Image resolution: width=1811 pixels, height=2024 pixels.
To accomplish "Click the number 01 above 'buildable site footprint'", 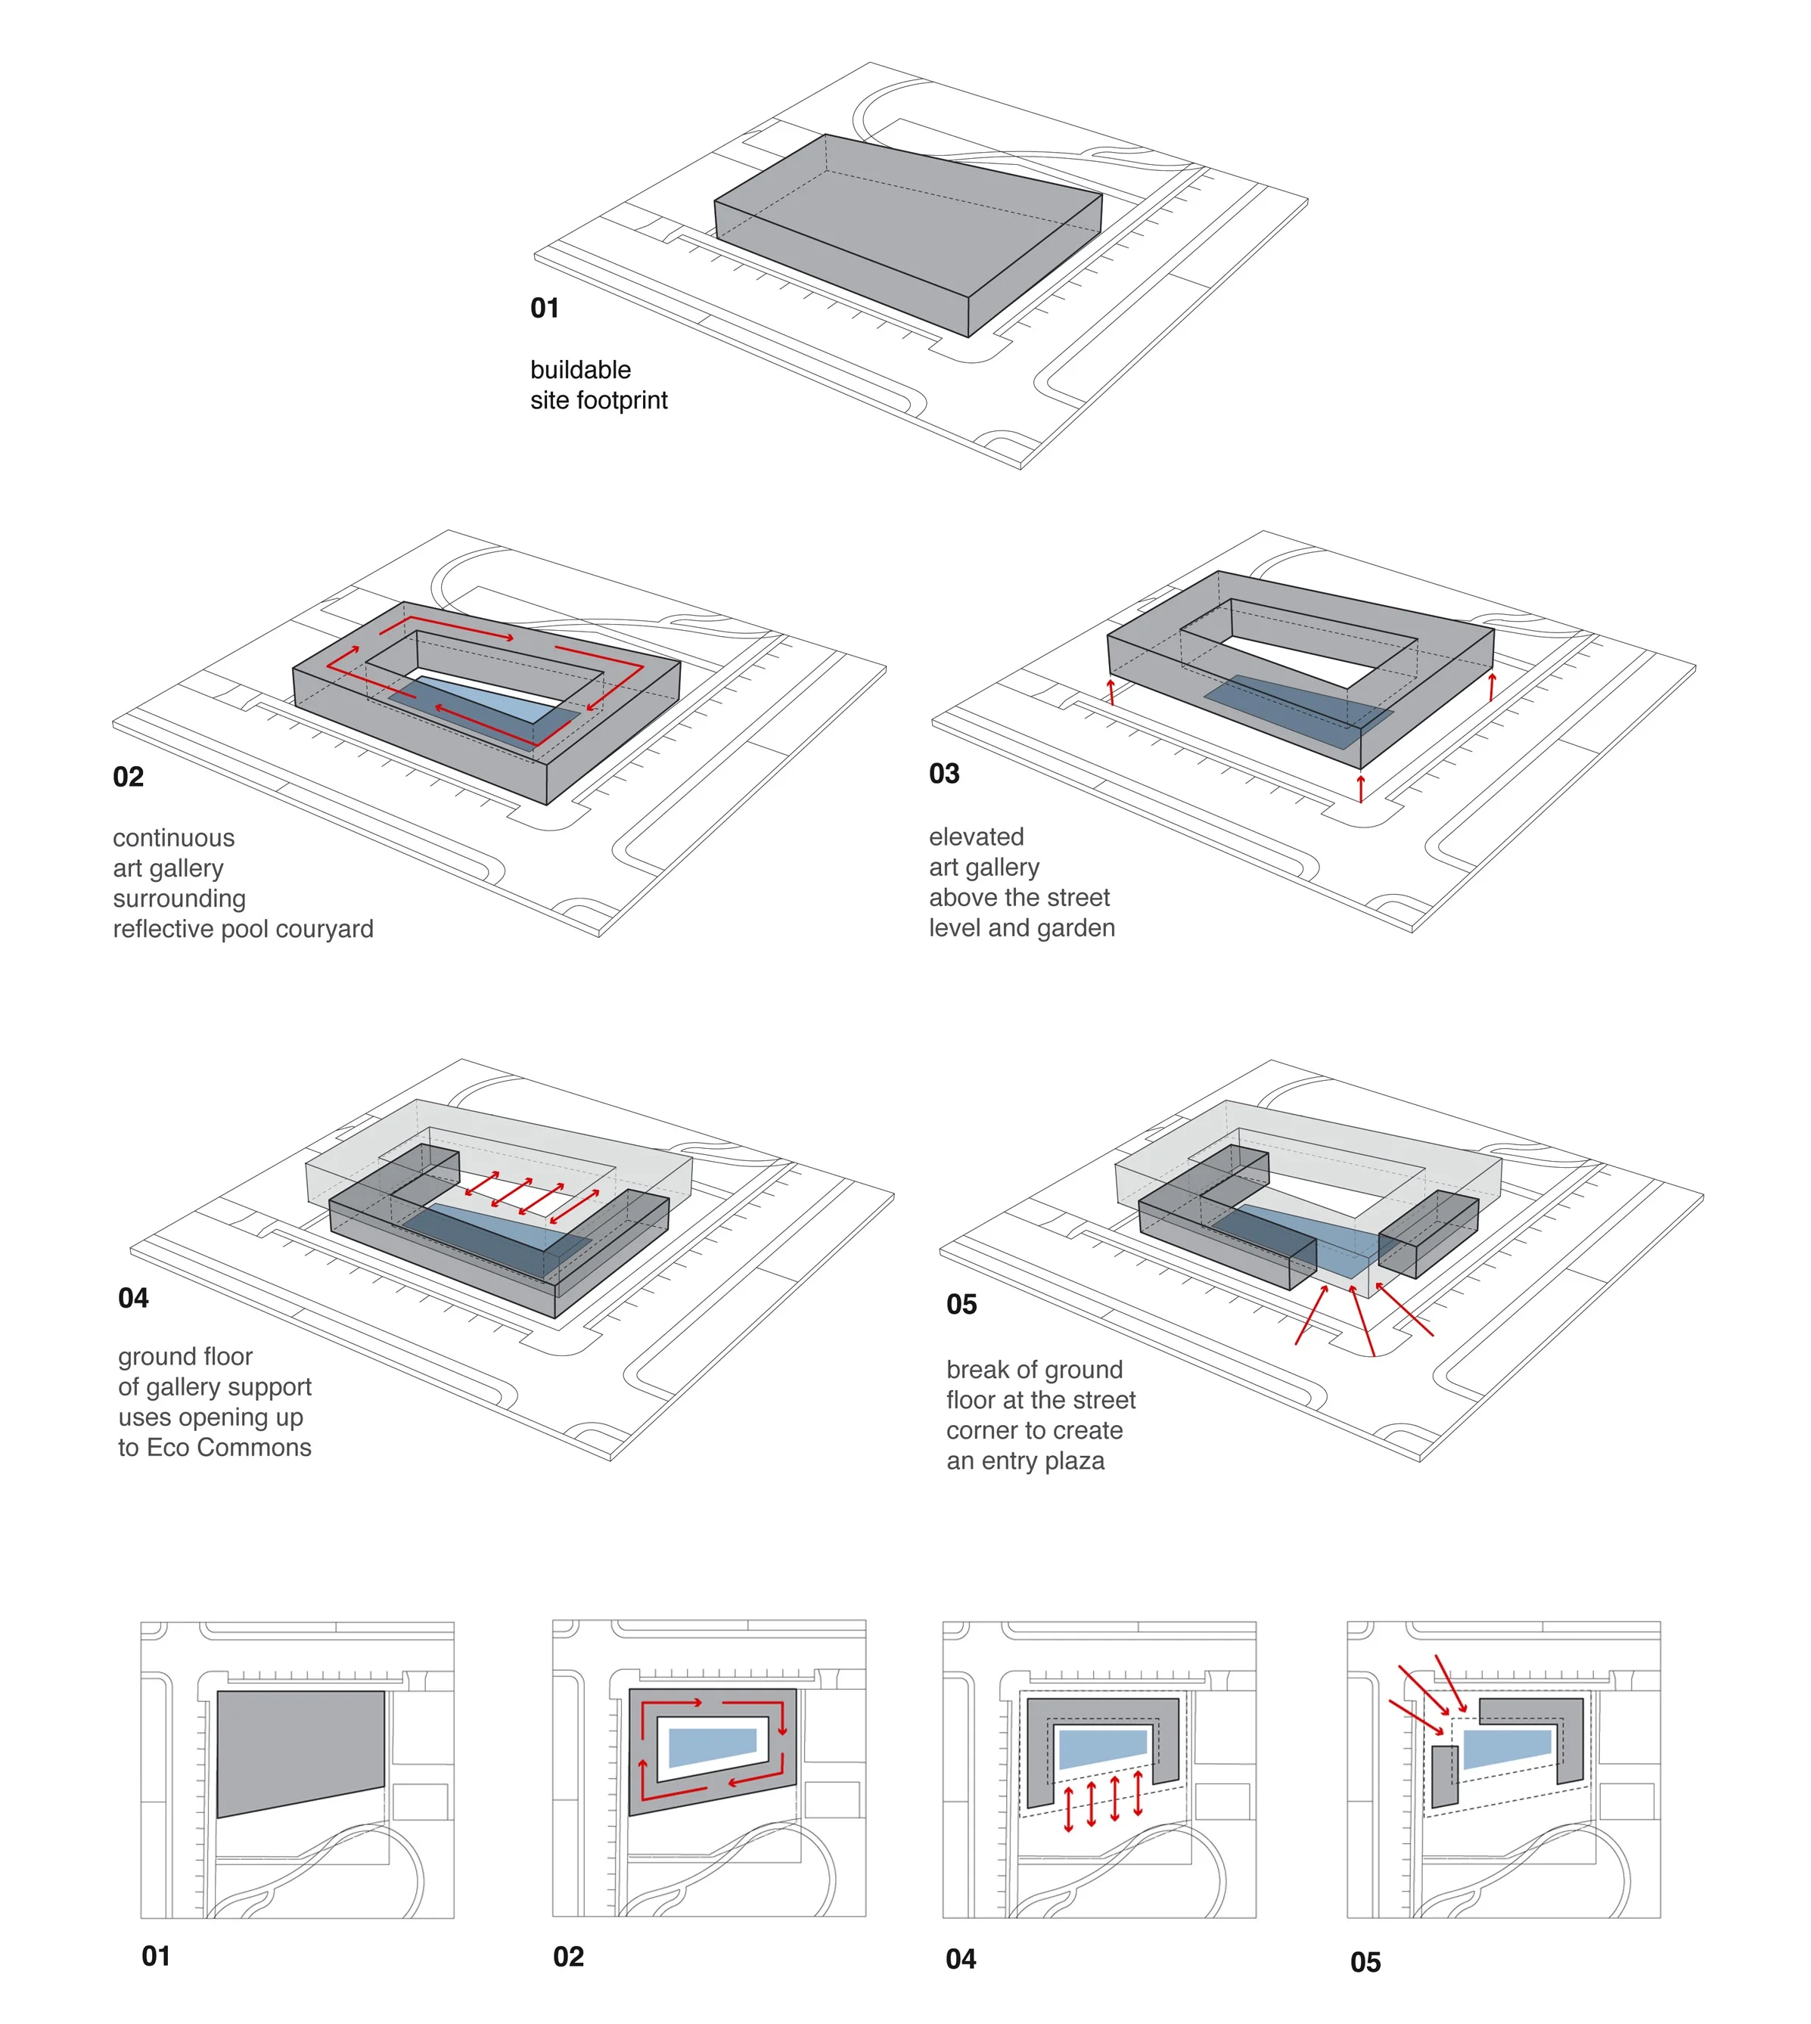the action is click(545, 309).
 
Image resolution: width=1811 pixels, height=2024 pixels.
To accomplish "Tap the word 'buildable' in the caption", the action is click(580, 370).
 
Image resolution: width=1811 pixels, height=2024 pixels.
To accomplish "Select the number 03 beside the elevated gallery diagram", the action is click(944, 775).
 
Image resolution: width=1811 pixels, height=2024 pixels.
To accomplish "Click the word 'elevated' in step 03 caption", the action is click(976, 837).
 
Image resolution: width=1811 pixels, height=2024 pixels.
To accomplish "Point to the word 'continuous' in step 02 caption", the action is click(174, 838).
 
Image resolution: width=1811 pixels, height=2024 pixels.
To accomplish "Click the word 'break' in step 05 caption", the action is click(977, 1371).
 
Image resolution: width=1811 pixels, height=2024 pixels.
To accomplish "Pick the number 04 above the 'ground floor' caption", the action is click(133, 1299).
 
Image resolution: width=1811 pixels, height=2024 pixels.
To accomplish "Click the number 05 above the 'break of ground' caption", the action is click(962, 1305).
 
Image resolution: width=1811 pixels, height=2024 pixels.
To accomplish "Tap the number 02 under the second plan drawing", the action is click(568, 1957).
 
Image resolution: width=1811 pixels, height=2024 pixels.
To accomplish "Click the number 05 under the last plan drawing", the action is click(1365, 1962).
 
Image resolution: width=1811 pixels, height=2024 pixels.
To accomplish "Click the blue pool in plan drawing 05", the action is click(1506, 1747).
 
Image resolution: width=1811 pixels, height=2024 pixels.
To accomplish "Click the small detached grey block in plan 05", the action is click(1445, 1776).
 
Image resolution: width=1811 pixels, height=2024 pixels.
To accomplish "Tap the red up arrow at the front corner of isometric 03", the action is click(1361, 787).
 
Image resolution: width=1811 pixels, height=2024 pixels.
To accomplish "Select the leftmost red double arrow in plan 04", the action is click(1069, 1808).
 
